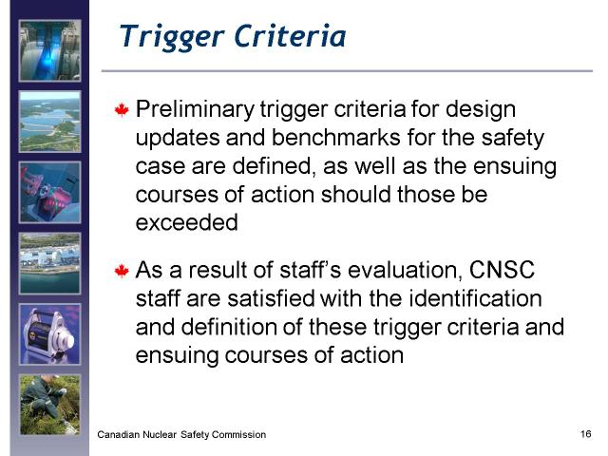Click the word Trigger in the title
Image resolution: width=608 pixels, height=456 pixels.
172,37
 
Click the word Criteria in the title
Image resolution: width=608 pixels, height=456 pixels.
290,36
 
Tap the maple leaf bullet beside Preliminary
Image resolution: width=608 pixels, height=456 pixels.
122,110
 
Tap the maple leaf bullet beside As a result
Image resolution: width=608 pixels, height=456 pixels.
122,271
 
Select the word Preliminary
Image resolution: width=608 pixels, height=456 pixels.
195,110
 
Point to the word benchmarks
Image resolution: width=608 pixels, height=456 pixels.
335,137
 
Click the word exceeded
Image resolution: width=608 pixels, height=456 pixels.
187,222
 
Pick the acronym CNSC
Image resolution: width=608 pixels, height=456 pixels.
502,270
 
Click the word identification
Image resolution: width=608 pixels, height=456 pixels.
475,298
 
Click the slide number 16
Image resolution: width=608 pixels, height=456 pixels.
586,433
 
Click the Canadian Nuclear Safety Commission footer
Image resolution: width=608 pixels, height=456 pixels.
181,434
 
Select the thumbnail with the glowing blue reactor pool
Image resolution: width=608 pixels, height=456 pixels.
50,50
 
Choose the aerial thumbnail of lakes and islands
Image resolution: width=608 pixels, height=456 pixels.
50,122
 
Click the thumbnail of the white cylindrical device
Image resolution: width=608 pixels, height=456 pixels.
50,334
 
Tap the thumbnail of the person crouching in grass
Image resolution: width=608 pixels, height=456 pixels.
50,405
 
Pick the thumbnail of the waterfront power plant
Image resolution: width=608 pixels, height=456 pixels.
50,264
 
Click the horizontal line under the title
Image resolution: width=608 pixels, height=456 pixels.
347,71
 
